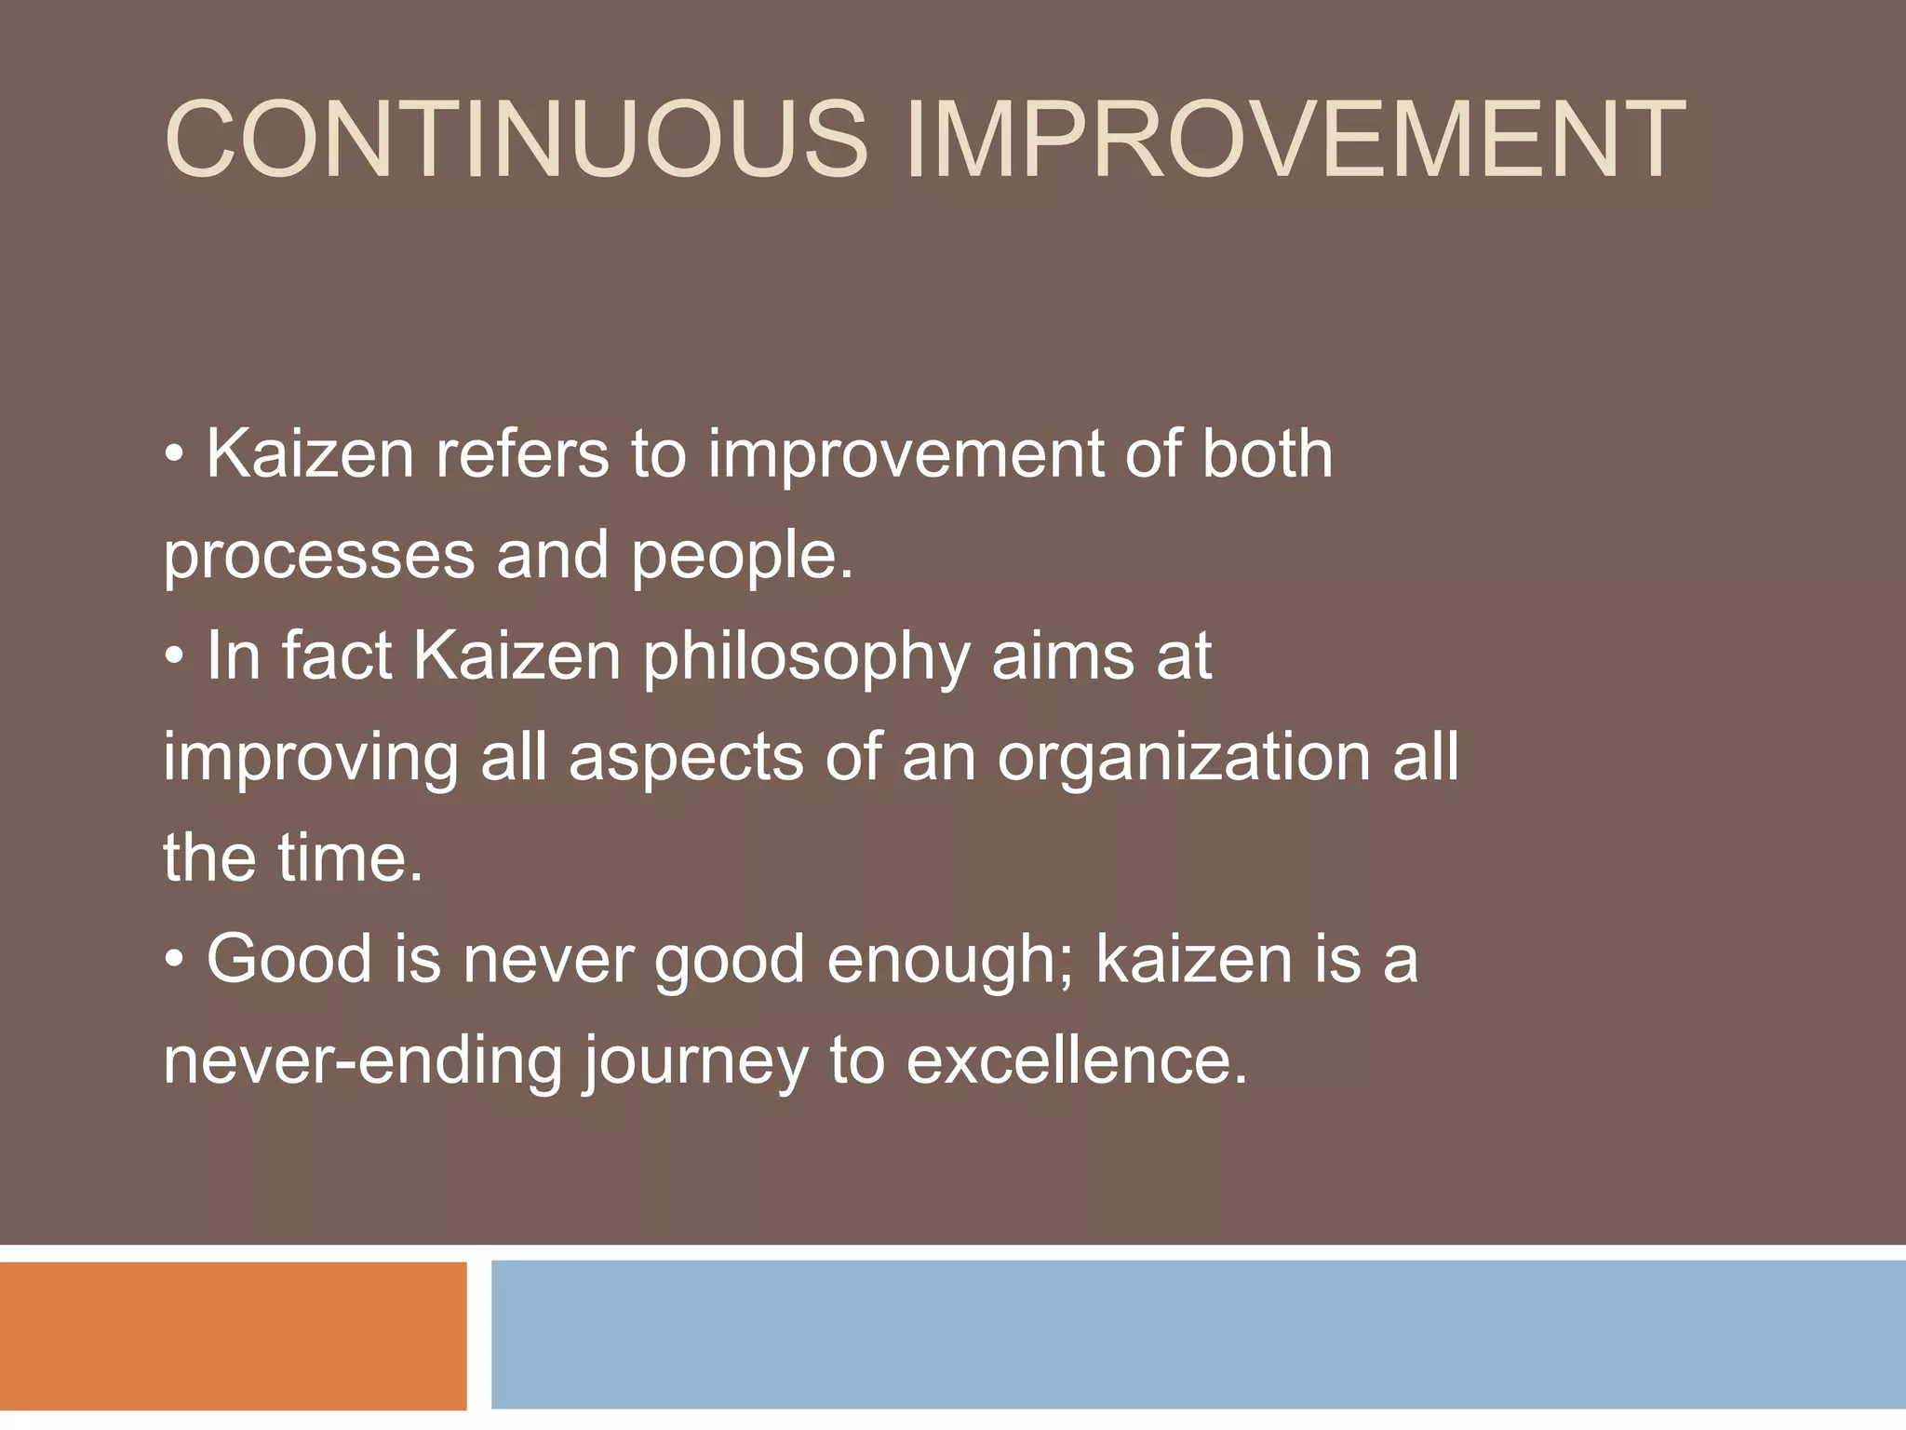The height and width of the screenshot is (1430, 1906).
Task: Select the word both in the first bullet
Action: coord(1267,454)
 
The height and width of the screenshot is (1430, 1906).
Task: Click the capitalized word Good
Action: coord(289,959)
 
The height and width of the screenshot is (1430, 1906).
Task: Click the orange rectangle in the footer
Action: coord(233,1335)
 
